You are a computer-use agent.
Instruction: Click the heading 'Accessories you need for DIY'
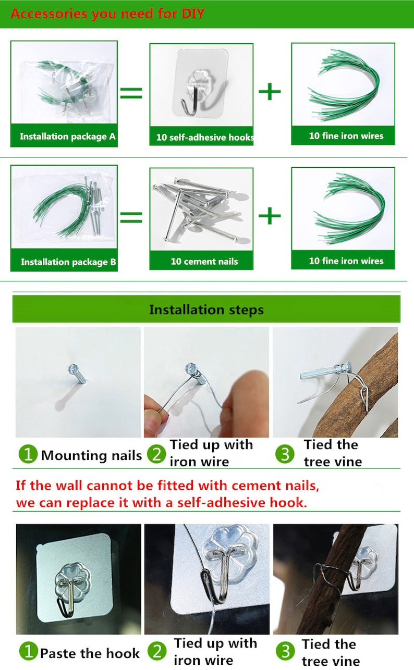(107, 14)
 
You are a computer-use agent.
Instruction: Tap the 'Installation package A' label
(68, 137)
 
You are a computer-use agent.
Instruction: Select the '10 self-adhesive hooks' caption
(205, 138)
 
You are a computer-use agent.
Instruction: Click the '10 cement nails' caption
(204, 262)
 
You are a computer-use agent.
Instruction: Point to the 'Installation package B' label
(68, 262)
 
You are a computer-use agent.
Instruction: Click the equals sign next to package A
(131, 92)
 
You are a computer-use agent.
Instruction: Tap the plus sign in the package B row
(270, 216)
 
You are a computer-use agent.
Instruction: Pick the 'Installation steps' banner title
(206, 309)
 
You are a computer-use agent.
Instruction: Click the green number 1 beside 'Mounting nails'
(28, 454)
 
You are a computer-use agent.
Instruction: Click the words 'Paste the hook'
(90, 653)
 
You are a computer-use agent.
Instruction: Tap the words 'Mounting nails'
(91, 455)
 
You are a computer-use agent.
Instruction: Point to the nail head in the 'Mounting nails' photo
(73, 368)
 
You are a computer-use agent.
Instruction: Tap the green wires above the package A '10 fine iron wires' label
(344, 85)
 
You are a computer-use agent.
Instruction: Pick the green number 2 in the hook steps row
(157, 651)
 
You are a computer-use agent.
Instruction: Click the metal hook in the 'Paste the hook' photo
(67, 594)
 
